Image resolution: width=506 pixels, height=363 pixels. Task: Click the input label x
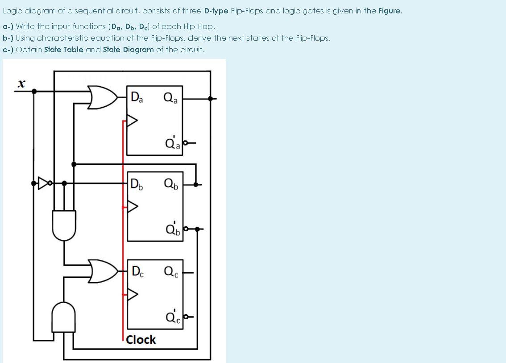[21, 83]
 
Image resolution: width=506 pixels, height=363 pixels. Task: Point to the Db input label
[137, 184]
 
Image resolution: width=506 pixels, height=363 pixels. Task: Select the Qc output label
[171, 271]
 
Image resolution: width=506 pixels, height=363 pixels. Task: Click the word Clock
[141, 340]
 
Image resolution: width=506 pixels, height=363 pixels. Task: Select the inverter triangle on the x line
[44, 183]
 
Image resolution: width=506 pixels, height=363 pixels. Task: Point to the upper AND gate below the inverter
[64, 225]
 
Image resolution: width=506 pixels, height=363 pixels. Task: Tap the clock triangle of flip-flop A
[133, 120]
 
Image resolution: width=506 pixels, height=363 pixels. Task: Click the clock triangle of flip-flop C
[133, 294]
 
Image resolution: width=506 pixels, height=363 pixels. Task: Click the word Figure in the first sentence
[390, 11]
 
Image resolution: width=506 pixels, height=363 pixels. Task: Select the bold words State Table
[63, 50]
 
